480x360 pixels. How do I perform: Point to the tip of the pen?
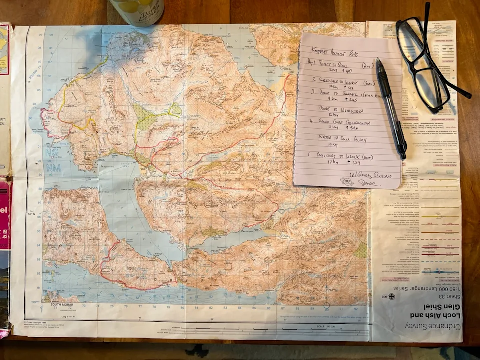[378, 60]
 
